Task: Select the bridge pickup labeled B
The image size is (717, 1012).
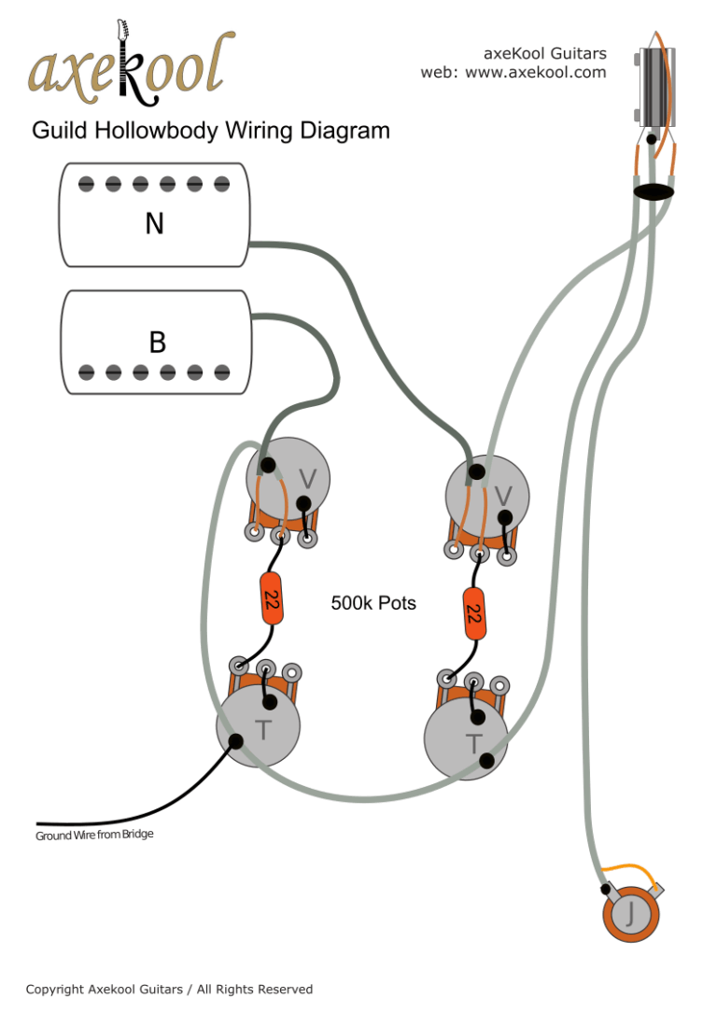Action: (x=158, y=337)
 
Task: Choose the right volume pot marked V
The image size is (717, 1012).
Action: (x=487, y=495)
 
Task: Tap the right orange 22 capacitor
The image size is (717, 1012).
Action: (x=474, y=613)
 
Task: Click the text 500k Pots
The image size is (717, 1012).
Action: (x=373, y=603)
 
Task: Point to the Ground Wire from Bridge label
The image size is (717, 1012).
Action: (x=94, y=835)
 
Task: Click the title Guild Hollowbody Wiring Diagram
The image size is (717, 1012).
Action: (x=211, y=131)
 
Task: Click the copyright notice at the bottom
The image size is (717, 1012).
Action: (x=169, y=989)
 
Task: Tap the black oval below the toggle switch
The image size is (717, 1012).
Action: (x=654, y=191)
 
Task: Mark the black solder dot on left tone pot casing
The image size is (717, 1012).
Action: (x=236, y=742)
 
